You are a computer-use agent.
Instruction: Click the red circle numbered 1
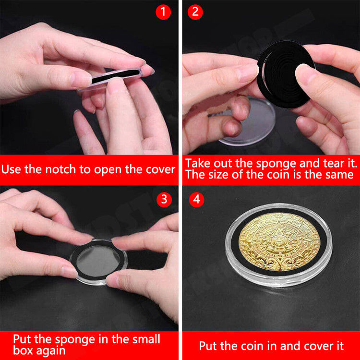(163, 12)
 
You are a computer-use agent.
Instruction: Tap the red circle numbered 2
(195, 12)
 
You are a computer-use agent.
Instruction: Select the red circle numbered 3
(164, 199)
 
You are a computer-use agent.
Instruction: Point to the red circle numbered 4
(196, 199)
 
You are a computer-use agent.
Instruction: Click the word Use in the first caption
(12, 169)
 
